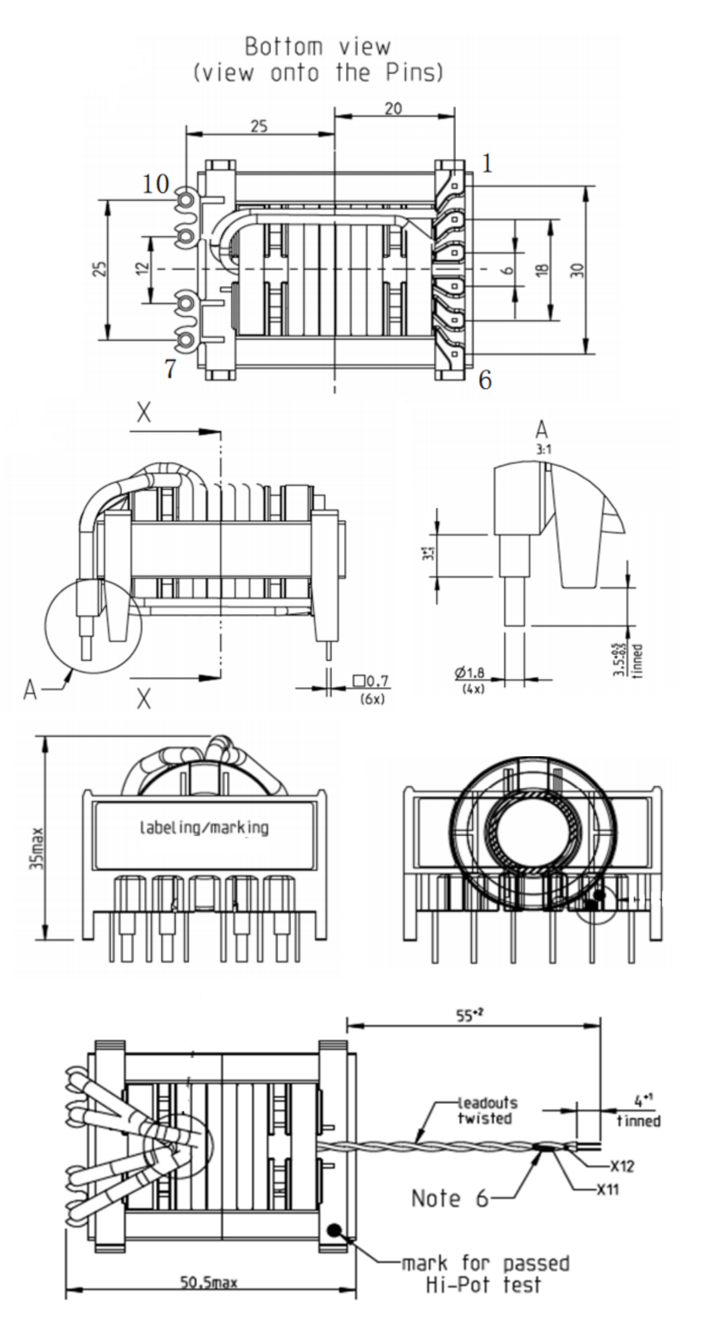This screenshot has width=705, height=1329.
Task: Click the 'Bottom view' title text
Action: [x=317, y=47]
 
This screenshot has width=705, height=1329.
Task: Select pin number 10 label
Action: [x=155, y=184]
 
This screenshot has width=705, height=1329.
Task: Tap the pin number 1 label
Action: [x=487, y=163]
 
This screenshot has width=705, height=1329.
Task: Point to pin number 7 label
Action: [x=170, y=369]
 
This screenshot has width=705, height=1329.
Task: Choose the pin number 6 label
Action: [x=484, y=380]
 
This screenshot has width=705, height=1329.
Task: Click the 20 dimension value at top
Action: [x=393, y=108]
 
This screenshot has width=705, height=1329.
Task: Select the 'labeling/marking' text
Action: [x=203, y=827]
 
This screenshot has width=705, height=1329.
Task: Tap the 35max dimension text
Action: [x=39, y=848]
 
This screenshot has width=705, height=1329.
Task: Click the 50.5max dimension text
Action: [x=209, y=1282]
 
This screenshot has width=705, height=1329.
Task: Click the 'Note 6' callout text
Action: [x=450, y=1198]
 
